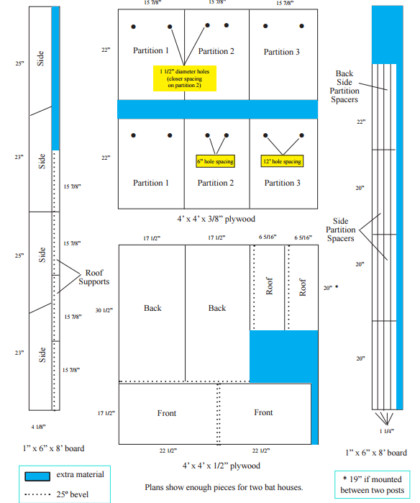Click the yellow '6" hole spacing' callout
pos(216,161)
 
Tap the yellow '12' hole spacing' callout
pos(282,161)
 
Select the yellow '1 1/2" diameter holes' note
pos(185,78)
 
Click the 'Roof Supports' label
pos(94,277)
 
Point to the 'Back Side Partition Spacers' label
pos(344,86)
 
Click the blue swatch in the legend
pos(37,476)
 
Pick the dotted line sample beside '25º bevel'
pos(37,494)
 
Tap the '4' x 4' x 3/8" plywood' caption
pos(216,219)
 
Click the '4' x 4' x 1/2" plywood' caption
pos(222,466)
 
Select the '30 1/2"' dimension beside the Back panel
pos(104,310)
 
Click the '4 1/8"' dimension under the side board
pos(38,427)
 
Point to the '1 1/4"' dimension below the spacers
pos(387,431)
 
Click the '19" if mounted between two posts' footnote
pos(373,485)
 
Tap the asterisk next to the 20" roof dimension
pos(337,286)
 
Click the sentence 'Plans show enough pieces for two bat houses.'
pos(224,487)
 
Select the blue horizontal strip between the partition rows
pos(218,109)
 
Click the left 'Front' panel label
pos(167,413)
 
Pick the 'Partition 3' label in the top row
pos(281,52)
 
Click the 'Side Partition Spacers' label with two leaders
pos(340,230)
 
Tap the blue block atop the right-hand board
pos(388,35)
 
